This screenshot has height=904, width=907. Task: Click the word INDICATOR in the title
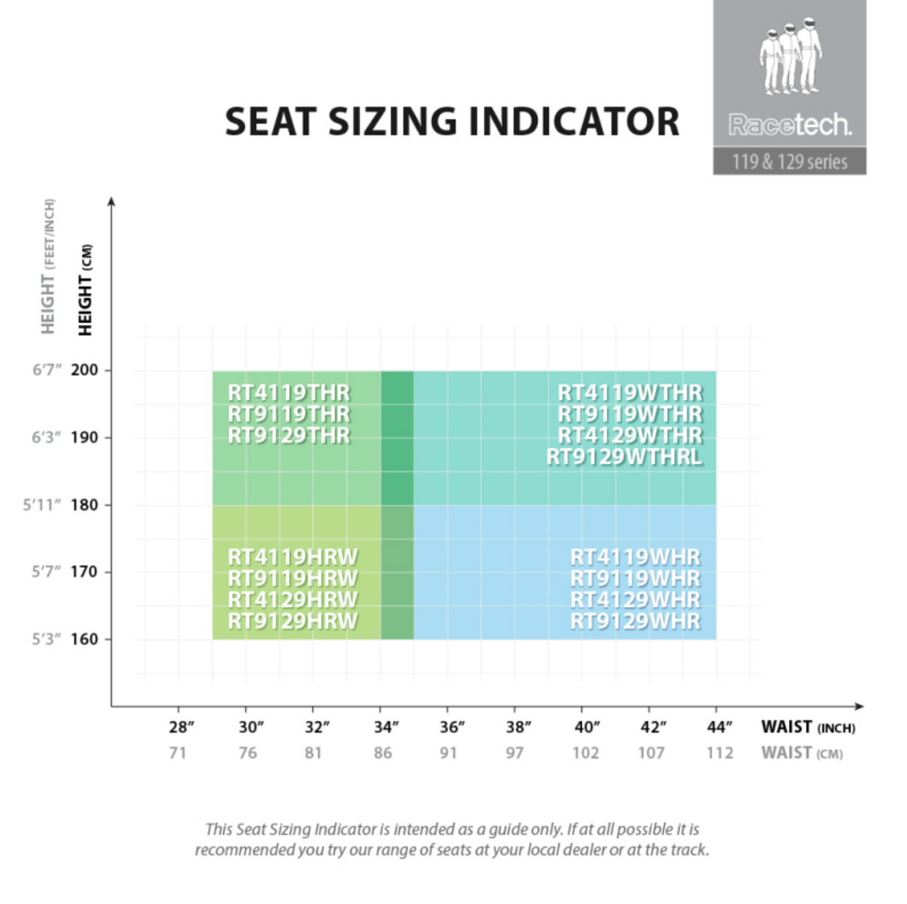point(574,122)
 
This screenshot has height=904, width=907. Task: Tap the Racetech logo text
point(790,124)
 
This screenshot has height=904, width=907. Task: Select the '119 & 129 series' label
point(790,161)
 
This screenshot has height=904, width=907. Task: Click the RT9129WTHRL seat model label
point(625,456)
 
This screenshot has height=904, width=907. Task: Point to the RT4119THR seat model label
point(288,393)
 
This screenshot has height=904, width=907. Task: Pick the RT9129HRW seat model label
point(293,620)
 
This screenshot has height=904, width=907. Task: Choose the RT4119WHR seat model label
point(635,557)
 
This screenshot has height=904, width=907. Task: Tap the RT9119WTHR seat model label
point(630,414)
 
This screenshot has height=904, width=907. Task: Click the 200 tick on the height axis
point(84,370)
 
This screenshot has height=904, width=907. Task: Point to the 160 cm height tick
point(84,639)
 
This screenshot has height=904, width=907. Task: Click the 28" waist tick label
point(182,727)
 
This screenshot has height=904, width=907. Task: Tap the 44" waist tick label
point(719,727)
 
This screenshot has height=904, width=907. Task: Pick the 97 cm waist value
point(515,752)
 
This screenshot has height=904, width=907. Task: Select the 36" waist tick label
point(451,727)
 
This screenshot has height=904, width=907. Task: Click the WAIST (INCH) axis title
point(808,727)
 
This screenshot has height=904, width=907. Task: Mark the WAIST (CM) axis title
point(802,752)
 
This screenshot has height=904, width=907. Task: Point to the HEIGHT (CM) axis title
point(85,290)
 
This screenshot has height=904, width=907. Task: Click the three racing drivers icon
point(790,56)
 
